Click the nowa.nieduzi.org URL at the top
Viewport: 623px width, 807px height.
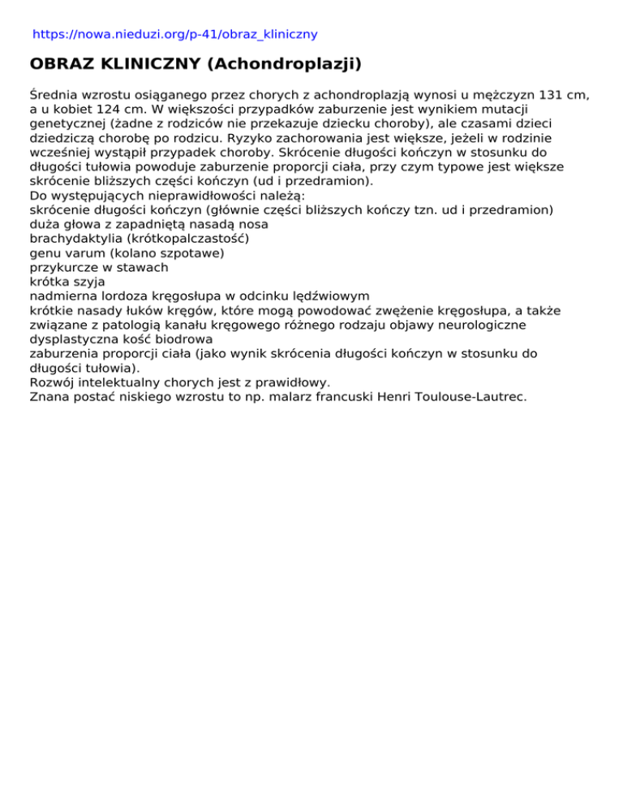pos(174,34)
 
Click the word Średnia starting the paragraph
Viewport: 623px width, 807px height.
pos(57,95)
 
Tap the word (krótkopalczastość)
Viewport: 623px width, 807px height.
pos(188,239)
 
